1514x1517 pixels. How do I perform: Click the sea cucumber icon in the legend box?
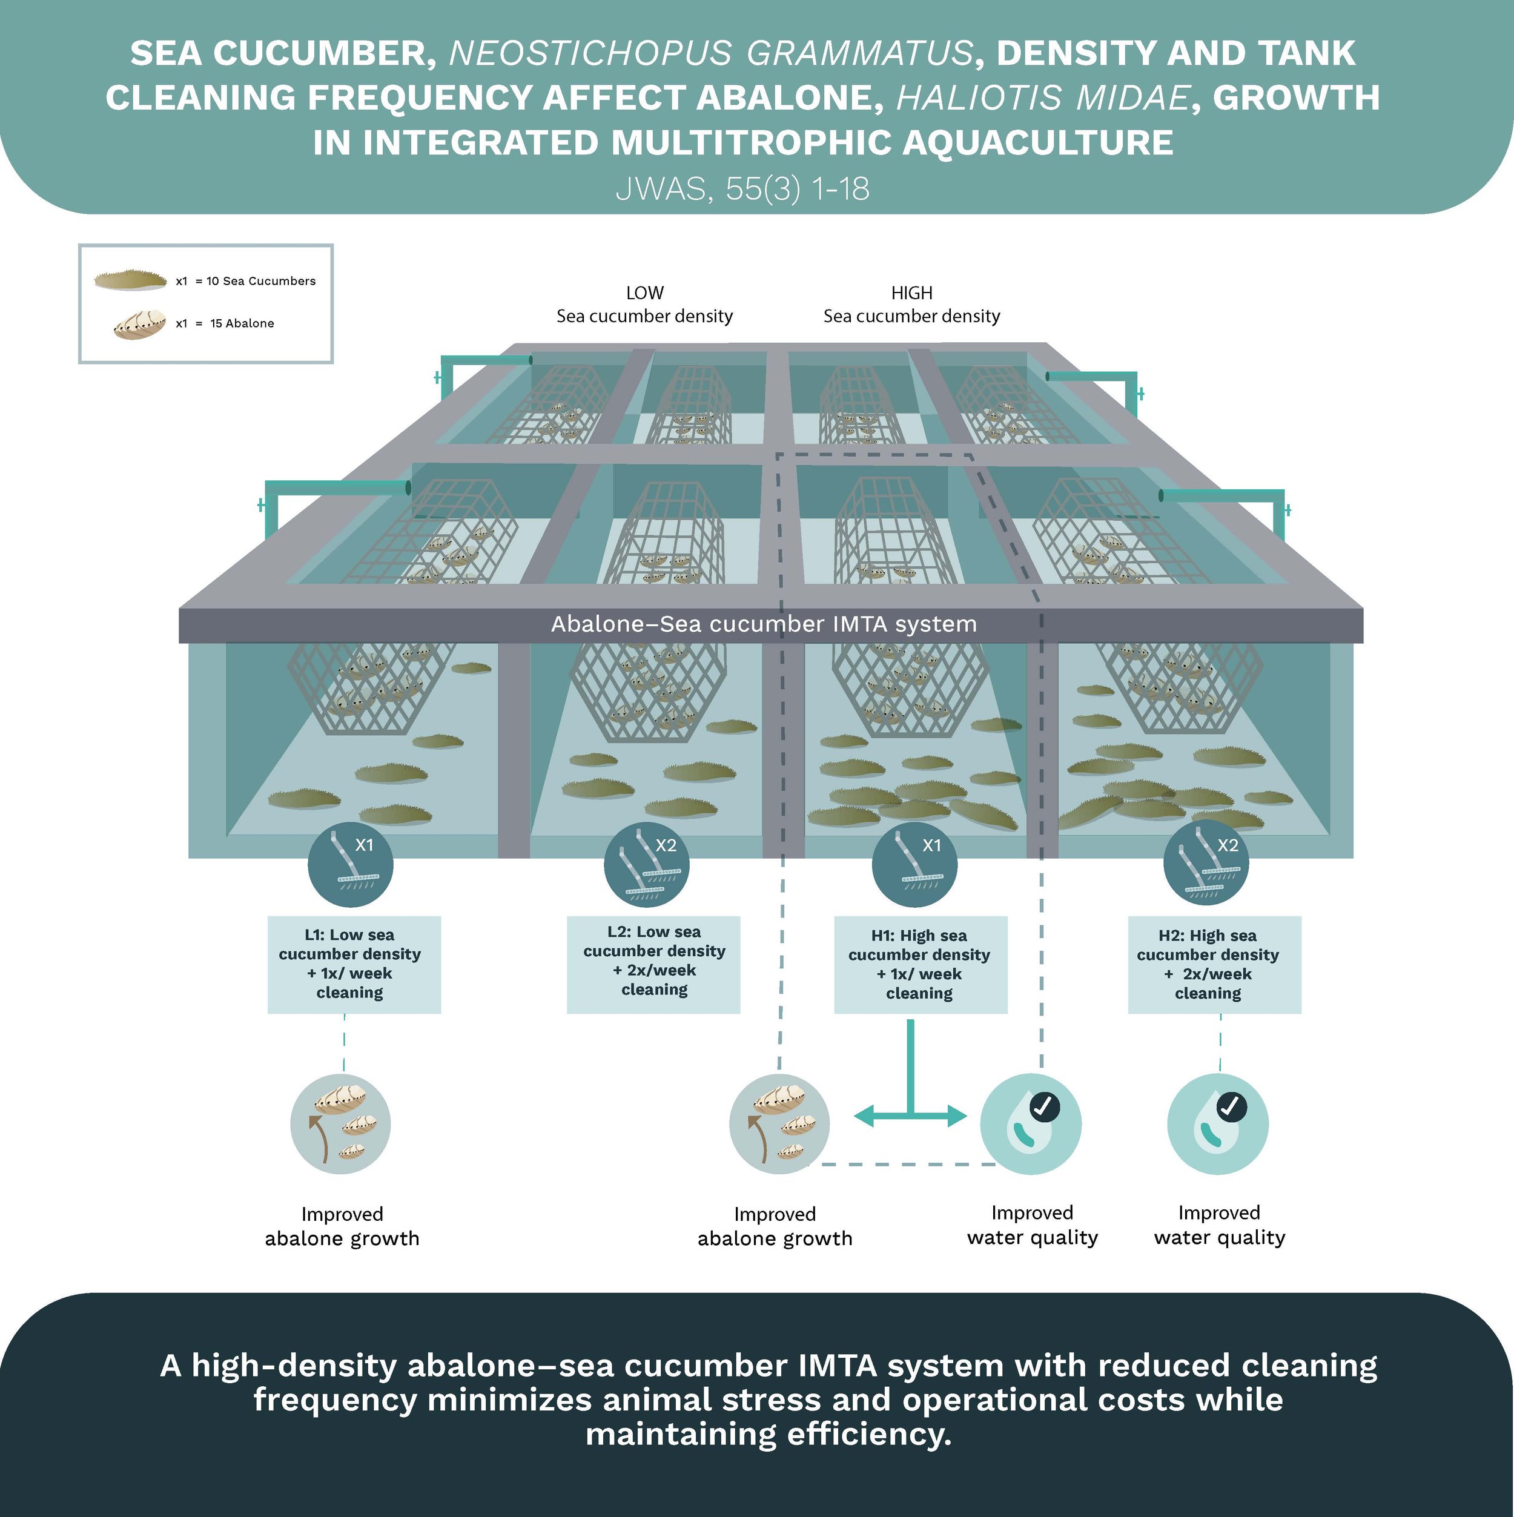click(x=130, y=280)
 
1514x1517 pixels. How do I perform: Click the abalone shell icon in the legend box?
click(x=140, y=323)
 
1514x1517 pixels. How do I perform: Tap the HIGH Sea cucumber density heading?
click(x=911, y=305)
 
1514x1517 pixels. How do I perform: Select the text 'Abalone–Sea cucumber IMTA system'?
click(x=763, y=624)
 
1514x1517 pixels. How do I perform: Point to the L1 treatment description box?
click(x=354, y=964)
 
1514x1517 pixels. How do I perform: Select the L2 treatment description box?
click(x=653, y=963)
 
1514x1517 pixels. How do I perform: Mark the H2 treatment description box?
click(x=1214, y=964)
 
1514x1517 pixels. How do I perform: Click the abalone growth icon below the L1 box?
click(x=340, y=1123)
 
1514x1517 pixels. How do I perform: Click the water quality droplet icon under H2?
click(x=1217, y=1123)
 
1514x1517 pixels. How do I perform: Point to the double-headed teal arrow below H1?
click(x=910, y=1115)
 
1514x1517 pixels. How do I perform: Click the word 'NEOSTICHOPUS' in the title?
click(x=589, y=53)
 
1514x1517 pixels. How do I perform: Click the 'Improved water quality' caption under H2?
click(x=1218, y=1225)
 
